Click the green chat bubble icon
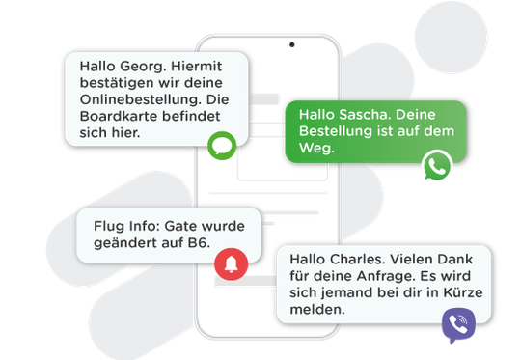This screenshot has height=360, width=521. click(x=222, y=148)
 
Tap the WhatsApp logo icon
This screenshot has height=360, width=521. click(x=437, y=167)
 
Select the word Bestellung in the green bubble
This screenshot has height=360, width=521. click(x=338, y=131)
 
